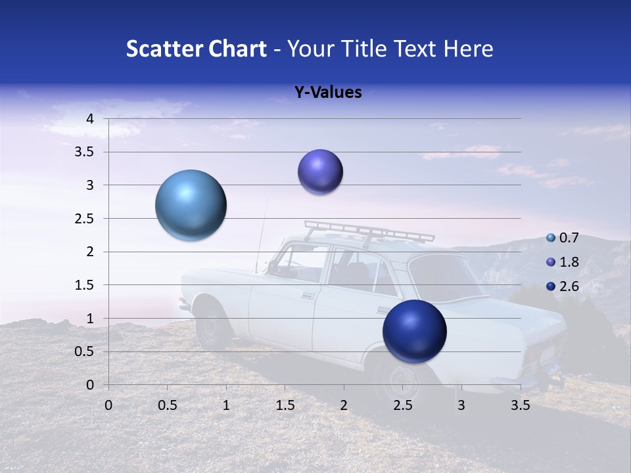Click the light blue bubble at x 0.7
coord(191,205)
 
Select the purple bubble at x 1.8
coord(320,171)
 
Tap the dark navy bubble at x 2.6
coord(414,331)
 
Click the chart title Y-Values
coord(328,93)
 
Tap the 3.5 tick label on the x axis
coord(520,405)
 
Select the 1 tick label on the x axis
coord(226,405)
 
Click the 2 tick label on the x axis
coord(344,405)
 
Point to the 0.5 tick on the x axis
coord(167,405)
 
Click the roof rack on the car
coord(368,231)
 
